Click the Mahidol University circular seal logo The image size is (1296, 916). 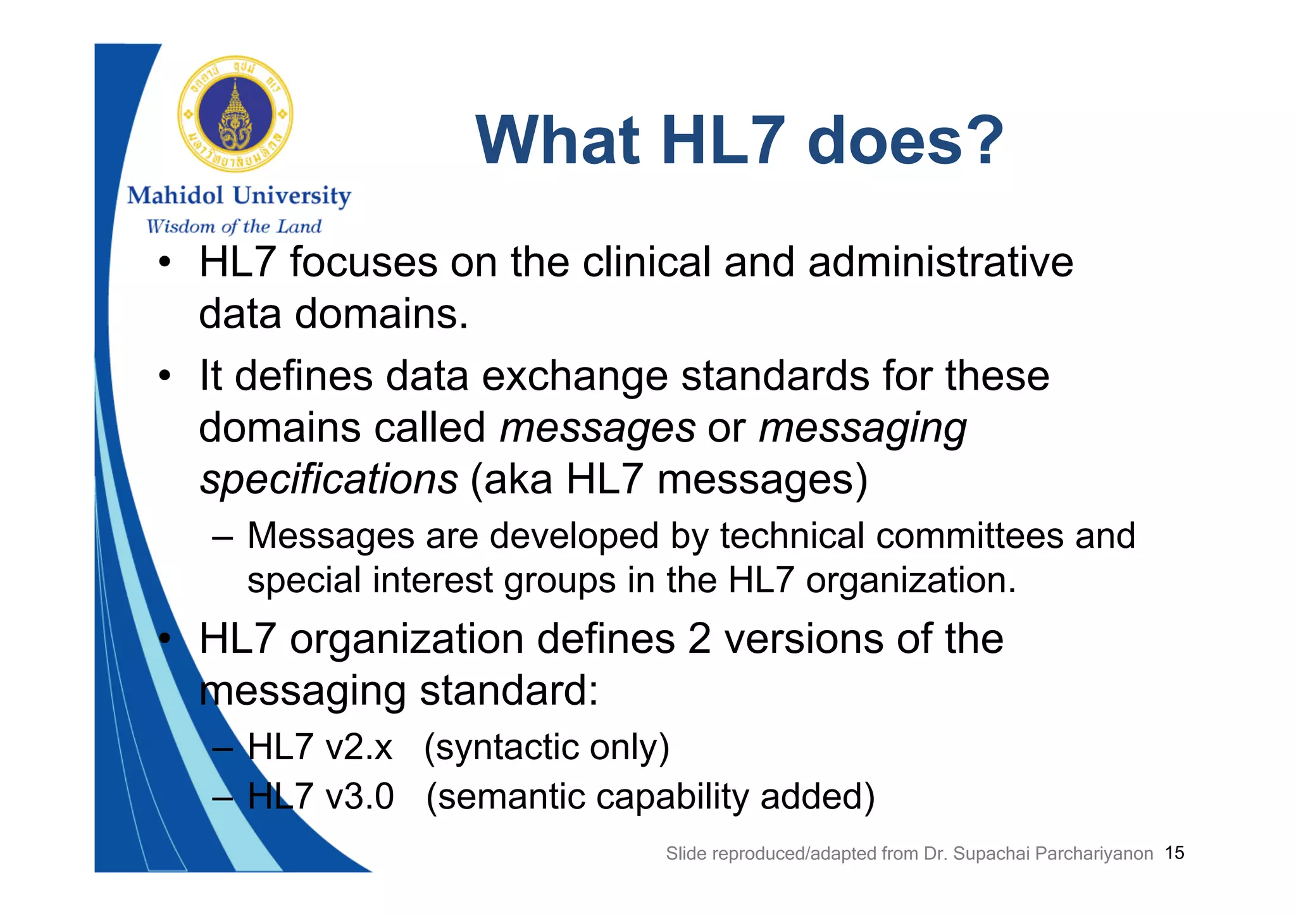click(x=235, y=114)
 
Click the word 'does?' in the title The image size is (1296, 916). click(x=906, y=140)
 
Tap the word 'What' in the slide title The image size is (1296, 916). click(x=558, y=140)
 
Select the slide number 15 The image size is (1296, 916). click(x=1174, y=853)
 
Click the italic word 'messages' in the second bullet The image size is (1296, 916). click(x=597, y=428)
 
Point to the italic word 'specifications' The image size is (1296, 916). click(x=328, y=480)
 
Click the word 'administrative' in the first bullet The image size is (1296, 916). click(x=940, y=262)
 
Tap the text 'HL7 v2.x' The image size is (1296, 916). click(x=320, y=747)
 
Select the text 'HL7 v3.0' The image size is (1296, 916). click(x=320, y=796)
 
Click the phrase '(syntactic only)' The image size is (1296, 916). click(x=546, y=748)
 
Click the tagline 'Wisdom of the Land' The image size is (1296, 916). click(x=234, y=226)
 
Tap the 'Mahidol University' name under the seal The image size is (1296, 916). click(x=239, y=196)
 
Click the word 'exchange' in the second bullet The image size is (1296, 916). click(x=575, y=376)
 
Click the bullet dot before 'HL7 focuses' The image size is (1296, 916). click(x=165, y=263)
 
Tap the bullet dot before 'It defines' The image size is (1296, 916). click(x=165, y=377)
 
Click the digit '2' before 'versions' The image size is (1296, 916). click(x=699, y=639)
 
